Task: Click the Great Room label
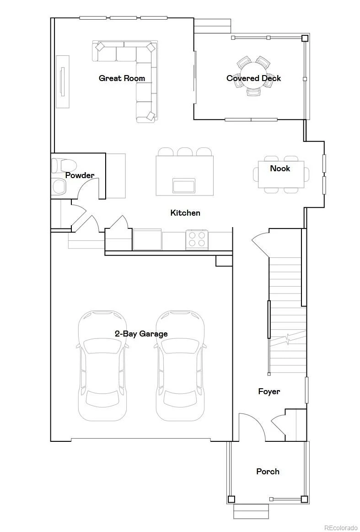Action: (x=122, y=78)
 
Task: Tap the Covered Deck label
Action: (x=253, y=78)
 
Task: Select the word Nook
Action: (x=280, y=168)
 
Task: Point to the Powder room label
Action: (x=80, y=175)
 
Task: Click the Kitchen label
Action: (x=185, y=213)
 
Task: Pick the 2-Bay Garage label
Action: (x=141, y=333)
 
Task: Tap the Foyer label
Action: (x=269, y=391)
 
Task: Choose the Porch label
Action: (x=268, y=471)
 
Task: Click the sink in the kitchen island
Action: (x=183, y=185)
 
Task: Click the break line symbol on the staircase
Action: (x=288, y=339)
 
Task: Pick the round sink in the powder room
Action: (x=59, y=187)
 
